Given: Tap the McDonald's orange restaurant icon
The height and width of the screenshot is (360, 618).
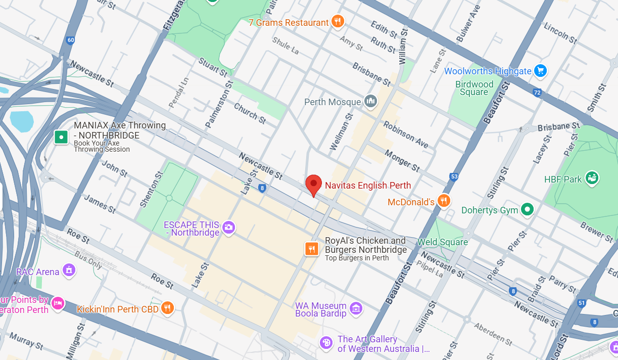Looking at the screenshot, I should pyautogui.click(x=444, y=201).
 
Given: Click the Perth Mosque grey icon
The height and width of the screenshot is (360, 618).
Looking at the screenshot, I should pyautogui.click(x=370, y=102).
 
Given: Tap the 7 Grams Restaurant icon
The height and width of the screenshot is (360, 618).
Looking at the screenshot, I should pyautogui.click(x=338, y=22).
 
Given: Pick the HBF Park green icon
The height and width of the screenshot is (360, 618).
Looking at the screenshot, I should pyautogui.click(x=592, y=178).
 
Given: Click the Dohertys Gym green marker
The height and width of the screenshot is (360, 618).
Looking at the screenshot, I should pyautogui.click(x=527, y=209).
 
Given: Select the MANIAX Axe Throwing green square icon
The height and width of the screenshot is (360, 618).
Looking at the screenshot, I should pyautogui.click(x=61, y=137).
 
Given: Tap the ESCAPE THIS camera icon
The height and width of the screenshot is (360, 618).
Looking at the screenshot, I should pyautogui.click(x=229, y=228).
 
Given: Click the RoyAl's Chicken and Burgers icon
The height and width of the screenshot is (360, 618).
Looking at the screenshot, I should pyautogui.click(x=312, y=249).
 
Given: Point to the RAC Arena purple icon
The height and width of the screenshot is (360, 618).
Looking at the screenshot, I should pyautogui.click(x=69, y=271).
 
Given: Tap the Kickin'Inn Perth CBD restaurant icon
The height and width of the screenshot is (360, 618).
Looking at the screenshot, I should pyautogui.click(x=167, y=308).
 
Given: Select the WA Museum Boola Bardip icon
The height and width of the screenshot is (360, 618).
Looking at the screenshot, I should pyautogui.click(x=356, y=308).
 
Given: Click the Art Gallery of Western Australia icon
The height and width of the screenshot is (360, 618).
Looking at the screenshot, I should pyautogui.click(x=326, y=343).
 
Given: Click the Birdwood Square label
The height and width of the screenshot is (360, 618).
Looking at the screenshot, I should pyautogui.click(x=474, y=88).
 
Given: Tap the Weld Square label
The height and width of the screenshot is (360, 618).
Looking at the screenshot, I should pyautogui.click(x=443, y=242).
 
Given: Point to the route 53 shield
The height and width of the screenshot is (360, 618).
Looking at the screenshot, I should pyautogui.click(x=453, y=177).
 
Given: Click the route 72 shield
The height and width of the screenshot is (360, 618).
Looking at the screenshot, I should pyautogui.click(x=537, y=93).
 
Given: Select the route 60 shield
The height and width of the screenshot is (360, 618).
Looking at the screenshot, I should pyautogui.click(x=70, y=40).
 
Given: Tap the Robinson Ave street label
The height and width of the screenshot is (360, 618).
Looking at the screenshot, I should pyautogui.click(x=405, y=134).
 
